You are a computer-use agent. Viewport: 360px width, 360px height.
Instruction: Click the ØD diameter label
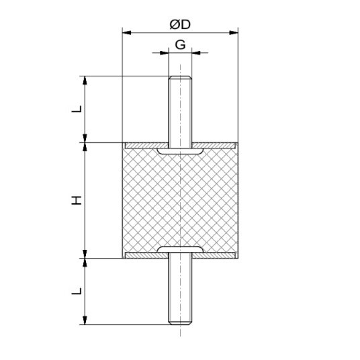pyautogui.click(x=180, y=24)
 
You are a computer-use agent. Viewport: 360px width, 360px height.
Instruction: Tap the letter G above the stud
pyautogui.click(x=180, y=45)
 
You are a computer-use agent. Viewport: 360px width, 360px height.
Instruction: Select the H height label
pyautogui.click(x=77, y=200)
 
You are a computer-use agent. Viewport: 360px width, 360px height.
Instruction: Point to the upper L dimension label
pyautogui.click(x=77, y=109)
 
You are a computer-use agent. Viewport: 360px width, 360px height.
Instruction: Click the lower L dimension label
pyautogui.click(x=77, y=291)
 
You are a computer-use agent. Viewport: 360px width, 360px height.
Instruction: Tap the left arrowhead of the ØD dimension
pyautogui.click(x=126, y=33)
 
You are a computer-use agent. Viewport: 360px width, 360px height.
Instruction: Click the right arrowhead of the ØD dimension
pyautogui.click(x=234, y=33)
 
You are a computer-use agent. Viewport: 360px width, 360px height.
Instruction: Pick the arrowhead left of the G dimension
pyautogui.click(x=164, y=53)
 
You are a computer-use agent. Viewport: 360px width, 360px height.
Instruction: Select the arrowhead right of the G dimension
pyautogui.click(x=196, y=53)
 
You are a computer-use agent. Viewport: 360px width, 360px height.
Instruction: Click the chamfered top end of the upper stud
pyautogui.click(x=180, y=78)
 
